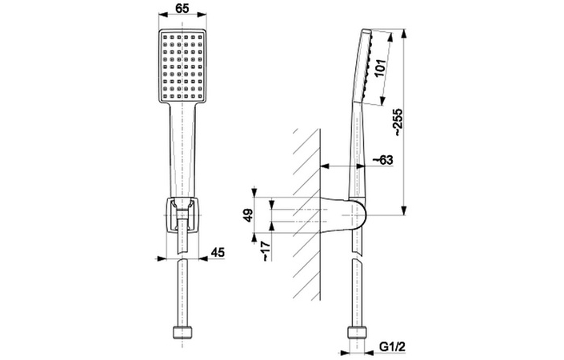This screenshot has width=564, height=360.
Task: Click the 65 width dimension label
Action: click(x=182, y=8)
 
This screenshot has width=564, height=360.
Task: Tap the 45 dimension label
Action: click(x=218, y=252)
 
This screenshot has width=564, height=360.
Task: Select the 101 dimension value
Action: click(x=380, y=68)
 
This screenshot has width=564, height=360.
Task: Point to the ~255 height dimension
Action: click(x=398, y=122)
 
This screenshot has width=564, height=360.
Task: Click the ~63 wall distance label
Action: click(x=382, y=160)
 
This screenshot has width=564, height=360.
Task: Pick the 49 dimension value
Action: click(x=248, y=215)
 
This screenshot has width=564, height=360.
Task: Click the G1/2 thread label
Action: click(x=393, y=346)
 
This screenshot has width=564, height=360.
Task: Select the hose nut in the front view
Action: click(x=182, y=332)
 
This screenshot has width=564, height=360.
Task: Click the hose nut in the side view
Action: click(x=357, y=332)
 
